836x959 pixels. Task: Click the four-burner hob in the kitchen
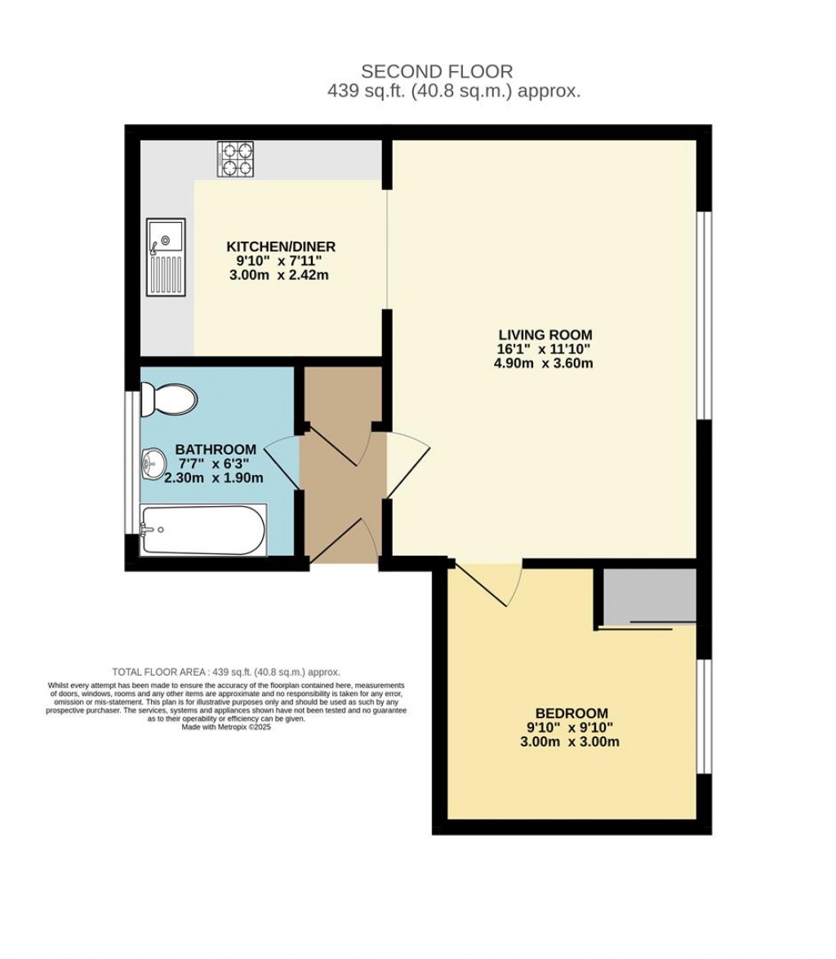click(x=235, y=159)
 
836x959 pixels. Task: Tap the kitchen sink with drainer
click(x=166, y=257)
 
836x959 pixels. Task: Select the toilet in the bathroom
click(x=169, y=399)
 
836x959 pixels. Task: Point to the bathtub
click(x=203, y=531)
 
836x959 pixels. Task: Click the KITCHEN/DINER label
click(x=280, y=246)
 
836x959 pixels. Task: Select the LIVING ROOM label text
click(x=545, y=335)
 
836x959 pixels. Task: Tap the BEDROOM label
click(x=571, y=713)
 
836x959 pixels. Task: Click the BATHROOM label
click(x=216, y=450)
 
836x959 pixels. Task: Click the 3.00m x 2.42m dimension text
click(x=280, y=276)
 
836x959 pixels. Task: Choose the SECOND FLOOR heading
click(x=437, y=73)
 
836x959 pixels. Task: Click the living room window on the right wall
click(x=704, y=316)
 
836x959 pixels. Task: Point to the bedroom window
click(x=704, y=716)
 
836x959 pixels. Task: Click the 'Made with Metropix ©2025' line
click(x=226, y=726)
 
